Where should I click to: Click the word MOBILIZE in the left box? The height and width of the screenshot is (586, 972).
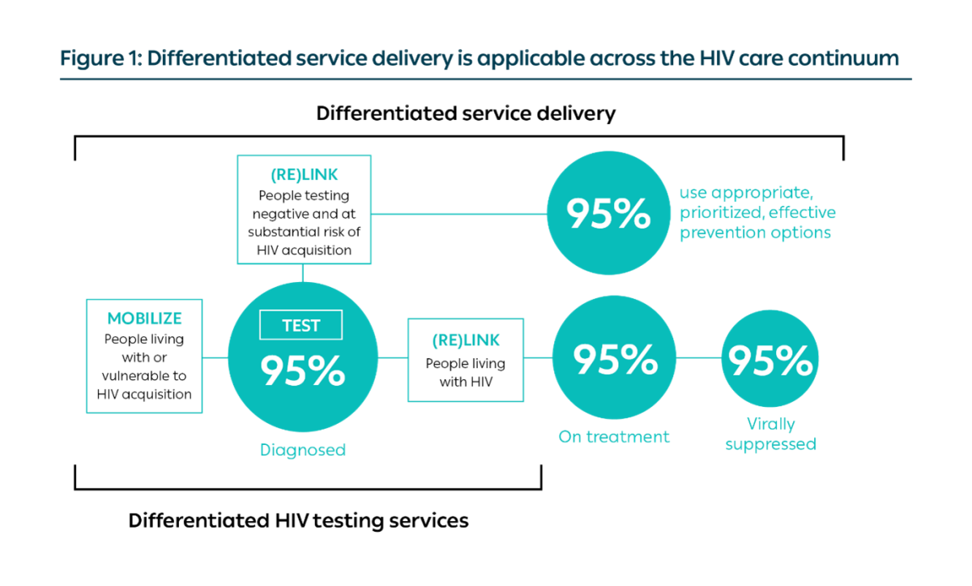(x=144, y=319)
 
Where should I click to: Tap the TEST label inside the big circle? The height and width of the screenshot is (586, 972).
(x=301, y=325)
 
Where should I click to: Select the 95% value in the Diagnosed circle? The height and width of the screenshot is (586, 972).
(x=303, y=370)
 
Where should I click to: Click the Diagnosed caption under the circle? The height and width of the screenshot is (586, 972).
(x=303, y=450)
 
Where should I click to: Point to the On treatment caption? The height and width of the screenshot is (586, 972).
(x=614, y=437)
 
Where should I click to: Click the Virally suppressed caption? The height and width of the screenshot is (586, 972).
(x=770, y=434)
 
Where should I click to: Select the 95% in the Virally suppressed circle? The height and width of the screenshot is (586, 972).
(x=770, y=361)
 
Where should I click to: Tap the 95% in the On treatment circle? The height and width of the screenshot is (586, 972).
(x=616, y=359)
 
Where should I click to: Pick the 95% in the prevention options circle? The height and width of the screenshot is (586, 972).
(x=608, y=212)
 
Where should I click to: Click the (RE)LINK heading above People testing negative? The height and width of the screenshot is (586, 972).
(x=304, y=174)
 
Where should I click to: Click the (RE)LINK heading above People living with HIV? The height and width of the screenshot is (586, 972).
(x=466, y=340)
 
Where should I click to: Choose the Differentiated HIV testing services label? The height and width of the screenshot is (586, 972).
(x=299, y=520)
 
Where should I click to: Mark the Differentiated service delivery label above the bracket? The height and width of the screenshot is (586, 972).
(x=466, y=113)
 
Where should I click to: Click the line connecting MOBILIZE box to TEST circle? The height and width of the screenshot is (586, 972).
(x=215, y=357)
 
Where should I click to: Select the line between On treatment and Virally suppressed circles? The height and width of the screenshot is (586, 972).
(x=698, y=357)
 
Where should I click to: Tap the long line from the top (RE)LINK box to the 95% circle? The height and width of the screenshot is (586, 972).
(x=459, y=213)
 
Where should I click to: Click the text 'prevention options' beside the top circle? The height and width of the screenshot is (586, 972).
(x=755, y=233)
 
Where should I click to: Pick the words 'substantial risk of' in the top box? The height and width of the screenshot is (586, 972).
(x=304, y=232)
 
